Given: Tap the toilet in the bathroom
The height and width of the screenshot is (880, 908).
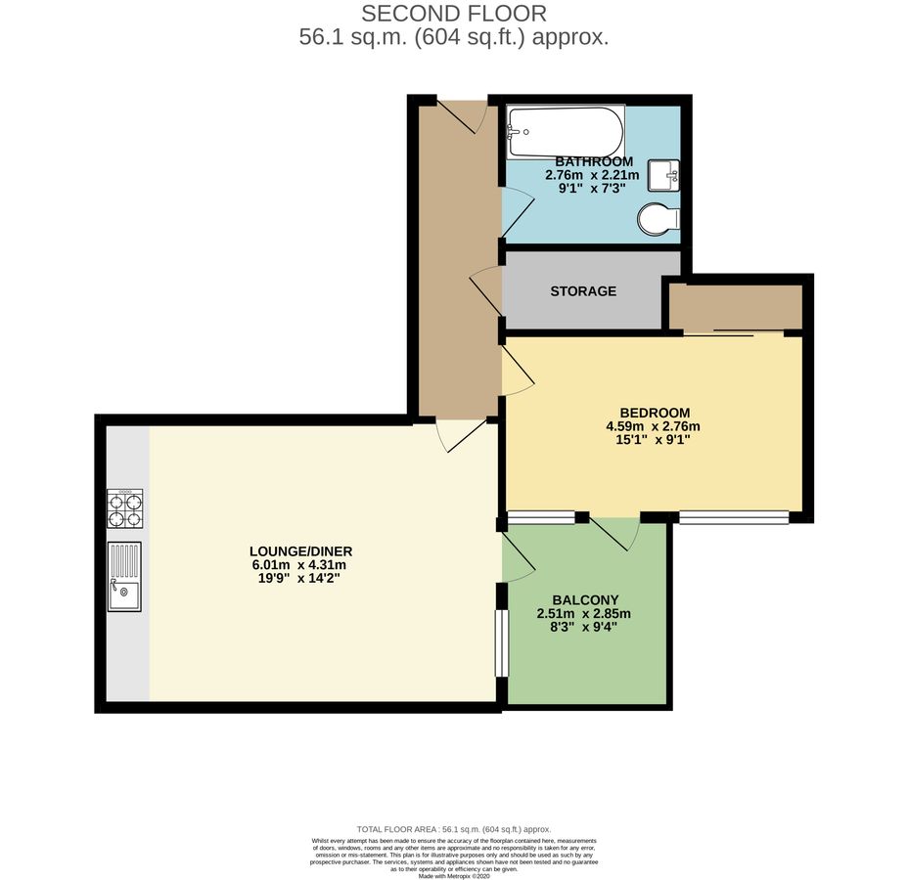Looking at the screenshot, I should point(658,220).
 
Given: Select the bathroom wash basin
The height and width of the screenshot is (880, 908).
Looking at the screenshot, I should point(670,176).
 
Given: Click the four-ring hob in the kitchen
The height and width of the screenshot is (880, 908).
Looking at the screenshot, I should point(125,507).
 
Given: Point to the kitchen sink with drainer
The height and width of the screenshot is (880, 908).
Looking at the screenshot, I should point(124,577).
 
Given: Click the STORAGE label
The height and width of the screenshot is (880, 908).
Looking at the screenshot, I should point(583,291).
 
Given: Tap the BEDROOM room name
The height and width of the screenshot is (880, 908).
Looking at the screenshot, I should point(655,413).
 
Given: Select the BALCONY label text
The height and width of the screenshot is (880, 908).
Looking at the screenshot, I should point(585,600).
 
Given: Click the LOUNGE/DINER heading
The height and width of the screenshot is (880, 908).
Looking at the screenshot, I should point(300,551).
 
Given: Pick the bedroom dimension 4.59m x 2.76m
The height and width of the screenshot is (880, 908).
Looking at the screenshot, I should point(654,426).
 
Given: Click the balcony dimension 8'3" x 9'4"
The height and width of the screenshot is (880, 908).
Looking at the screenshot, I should point(584,630).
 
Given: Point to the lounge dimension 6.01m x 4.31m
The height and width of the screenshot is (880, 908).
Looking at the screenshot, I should point(299,565).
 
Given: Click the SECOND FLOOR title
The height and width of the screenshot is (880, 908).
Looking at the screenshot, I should point(454,14).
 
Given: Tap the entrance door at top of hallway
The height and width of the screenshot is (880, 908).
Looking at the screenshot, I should point(460,115).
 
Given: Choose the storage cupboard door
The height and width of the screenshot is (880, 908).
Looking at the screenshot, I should point(485,290).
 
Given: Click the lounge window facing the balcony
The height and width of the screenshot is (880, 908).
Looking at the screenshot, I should point(502,642).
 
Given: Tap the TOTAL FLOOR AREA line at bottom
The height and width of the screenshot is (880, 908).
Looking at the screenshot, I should point(454,828).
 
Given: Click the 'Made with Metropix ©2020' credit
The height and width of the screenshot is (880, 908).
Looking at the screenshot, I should point(454,876).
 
